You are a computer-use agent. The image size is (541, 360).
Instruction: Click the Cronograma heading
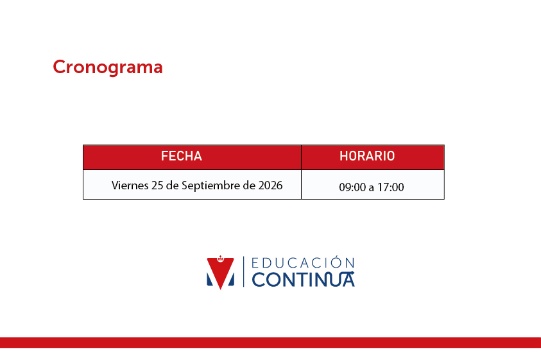pyautogui.click(x=108, y=67)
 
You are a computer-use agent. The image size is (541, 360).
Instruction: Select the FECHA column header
pyautogui.click(x=182, y=156)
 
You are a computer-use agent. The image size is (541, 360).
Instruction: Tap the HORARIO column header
pyautogui.click(x=367, y=156)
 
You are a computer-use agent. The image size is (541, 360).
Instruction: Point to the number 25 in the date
pyautogui.click(x=157, y=185)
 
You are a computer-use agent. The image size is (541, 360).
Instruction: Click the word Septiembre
pyautogui.click(x=210, y=185)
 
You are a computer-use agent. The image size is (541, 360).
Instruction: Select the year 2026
pyautogui.click(x=271, y=185)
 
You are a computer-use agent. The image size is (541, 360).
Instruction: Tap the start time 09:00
pyautogui.click(x=352, y=187)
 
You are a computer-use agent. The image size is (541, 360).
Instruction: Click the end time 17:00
pyautogui.click(x=391, y=187)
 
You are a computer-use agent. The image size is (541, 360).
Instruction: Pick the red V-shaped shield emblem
pyautogui.click(x=221, y=273)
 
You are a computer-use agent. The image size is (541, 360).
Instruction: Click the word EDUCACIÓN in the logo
pyautogui.click(x=303, y=262)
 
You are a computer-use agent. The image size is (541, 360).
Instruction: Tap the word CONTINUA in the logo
pyautogui.click(x=303, y=280)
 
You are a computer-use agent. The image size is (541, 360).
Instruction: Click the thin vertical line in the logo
pyautogui.click(x=244, y=271)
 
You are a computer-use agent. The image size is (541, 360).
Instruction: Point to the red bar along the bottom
pyautogui.click(x=271, y=343)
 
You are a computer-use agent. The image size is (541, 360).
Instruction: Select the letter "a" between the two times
pyautogui.click(x=371, y=188)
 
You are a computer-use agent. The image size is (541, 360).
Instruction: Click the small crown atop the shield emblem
pyautogui.click(x=220, y=258)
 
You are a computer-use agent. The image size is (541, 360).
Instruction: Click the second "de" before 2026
pyautogui.click(x=249, y=185)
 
